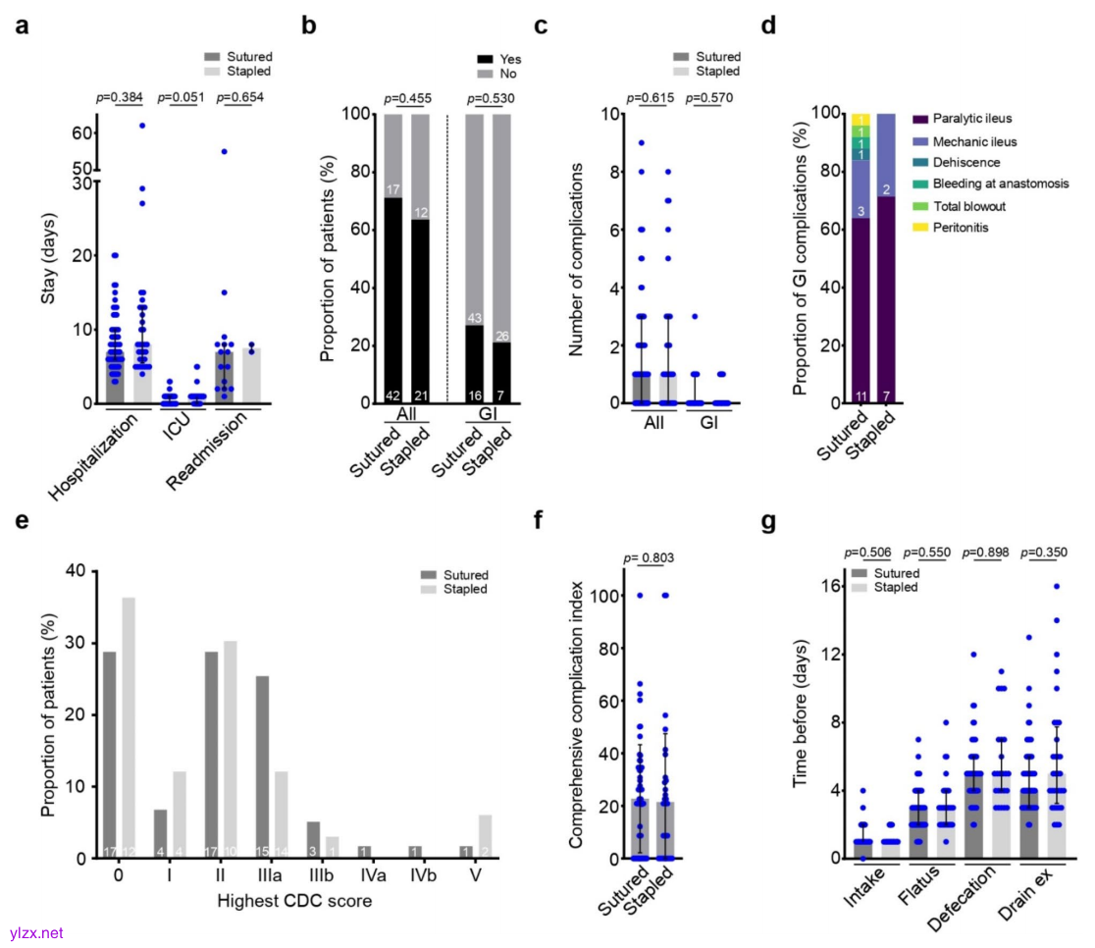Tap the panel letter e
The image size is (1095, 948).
[x=21, y=521]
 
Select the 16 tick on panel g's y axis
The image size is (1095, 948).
[x=827, y=586]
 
